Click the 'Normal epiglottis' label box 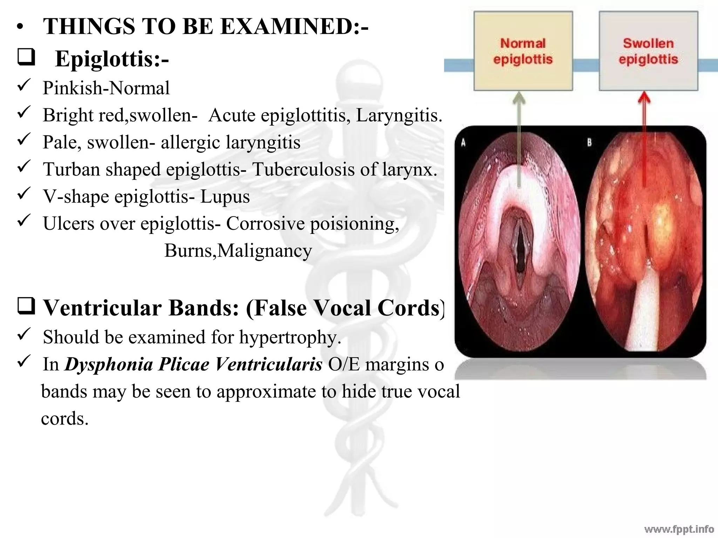click(x=523, y=51)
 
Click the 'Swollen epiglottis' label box click(x=648, y=51)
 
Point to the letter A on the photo click(x=463, y=143)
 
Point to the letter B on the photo click(x=589, y=143)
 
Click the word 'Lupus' click(x=225, y=196)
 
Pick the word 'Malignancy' click(x=265, y=251)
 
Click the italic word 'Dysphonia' click(x=109, y=364)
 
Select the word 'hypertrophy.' click(x=290, y=337)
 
